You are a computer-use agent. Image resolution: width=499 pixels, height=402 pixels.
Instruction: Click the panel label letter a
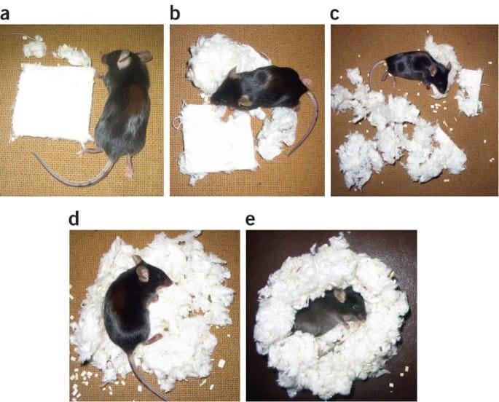(4, 15)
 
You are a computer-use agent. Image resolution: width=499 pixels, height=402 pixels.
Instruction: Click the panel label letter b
(175, 13)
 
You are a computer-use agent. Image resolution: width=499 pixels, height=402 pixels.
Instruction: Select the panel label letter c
(334, 15)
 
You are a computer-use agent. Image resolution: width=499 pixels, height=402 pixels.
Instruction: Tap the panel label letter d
(74, 218)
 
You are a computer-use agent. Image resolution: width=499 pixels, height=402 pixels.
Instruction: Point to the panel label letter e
(251, 220)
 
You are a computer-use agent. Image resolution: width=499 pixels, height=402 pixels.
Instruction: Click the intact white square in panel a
(53, 103)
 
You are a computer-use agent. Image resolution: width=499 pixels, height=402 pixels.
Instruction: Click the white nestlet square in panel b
(218, 140)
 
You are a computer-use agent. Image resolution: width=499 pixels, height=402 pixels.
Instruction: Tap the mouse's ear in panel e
(339, 295)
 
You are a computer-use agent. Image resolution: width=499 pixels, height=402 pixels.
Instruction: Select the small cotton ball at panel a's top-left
(34, 48)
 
